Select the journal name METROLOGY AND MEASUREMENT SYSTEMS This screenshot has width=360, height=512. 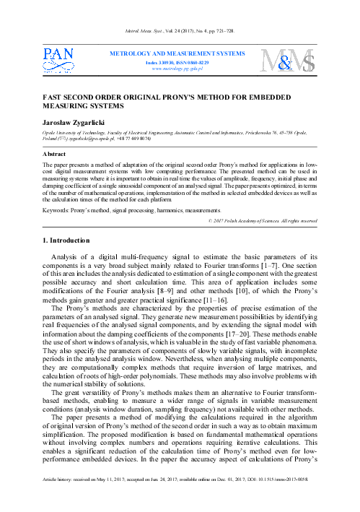tap(181, 54)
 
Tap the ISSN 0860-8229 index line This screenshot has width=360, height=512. tap(181, 63)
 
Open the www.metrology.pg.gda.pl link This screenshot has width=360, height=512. tap(181, 70)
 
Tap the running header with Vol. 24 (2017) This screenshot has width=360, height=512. tap(180, 31)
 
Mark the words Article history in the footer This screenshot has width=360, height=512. tap(59, 497)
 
